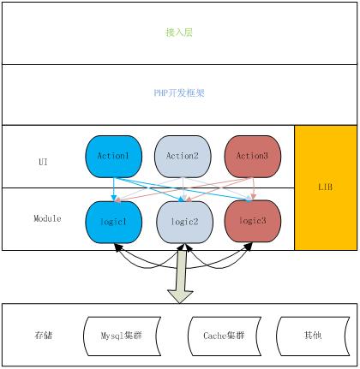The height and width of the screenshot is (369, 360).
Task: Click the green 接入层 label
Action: pos(179,33)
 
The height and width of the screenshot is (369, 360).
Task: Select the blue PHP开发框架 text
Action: pos(179,92)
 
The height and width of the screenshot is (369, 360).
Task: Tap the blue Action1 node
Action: pos(114,157)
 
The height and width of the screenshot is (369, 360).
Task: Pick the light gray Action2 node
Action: pos(183,157)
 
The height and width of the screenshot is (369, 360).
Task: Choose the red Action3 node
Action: pos(253,157)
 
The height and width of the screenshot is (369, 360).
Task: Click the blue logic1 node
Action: pos(114,223)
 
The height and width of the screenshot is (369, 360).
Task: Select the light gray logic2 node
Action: pos(184,223)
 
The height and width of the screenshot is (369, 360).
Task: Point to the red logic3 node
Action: pos(253,221)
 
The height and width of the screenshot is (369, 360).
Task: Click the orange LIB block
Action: pos(326,187)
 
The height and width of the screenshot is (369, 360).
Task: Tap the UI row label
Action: pos(43,162)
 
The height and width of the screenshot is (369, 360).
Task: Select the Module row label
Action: pos(47,218)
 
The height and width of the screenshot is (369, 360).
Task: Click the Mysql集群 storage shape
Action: pos(122,336)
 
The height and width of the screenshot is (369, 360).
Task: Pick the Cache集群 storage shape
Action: pos(225,336)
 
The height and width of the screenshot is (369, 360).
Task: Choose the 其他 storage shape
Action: pos(313,336)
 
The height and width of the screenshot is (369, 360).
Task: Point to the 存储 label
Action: pos(44,335)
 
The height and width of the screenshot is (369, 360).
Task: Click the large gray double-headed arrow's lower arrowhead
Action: pos(180,297)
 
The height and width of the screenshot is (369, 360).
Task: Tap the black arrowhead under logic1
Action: pos(118,247)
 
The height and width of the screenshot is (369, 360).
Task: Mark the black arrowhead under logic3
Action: pos(249,247)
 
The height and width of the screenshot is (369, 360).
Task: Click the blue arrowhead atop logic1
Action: pos(114,198)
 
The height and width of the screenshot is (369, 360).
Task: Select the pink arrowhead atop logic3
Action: pos(253,197)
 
